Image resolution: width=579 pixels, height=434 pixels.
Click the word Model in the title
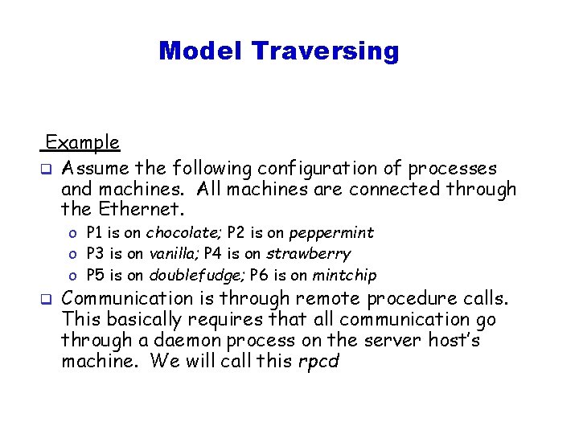tap(201, 51)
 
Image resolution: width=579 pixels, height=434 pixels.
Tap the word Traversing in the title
tap(325, 51)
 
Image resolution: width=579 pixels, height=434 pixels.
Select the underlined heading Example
tap(83, 143)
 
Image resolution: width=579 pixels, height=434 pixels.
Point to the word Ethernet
tap(144, 211)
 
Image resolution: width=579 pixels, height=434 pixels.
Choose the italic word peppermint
tap(331, 233)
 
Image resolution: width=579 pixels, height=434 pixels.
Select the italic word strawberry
tap(309, 254)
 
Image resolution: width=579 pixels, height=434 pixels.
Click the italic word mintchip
tap(343, 276)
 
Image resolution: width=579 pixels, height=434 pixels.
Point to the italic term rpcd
tap(318, 362)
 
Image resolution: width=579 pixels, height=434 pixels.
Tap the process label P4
tap(213, 254)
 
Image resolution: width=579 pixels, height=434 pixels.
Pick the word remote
tap(331, 299)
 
